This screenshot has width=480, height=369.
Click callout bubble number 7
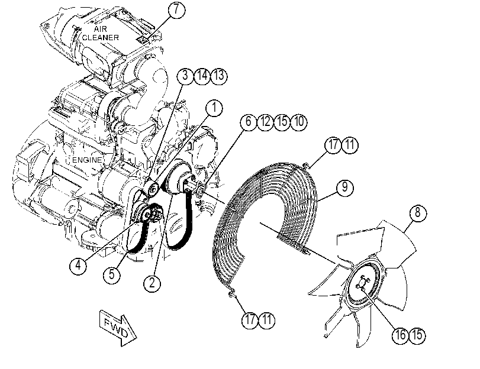[x=176, y=10]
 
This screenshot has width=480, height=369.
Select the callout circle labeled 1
[x=214, y=108]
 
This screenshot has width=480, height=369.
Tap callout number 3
[x=185, y=75]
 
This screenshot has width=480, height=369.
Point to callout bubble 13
[x=219, y=75]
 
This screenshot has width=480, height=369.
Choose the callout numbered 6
[x=248, y=122]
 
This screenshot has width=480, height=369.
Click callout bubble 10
[x=299, y=122]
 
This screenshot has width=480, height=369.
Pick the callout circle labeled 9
[x=344, y=187]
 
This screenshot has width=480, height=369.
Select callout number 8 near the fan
[x=417, y=213]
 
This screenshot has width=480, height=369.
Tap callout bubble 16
[x=401, y=335]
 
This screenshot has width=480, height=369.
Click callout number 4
[x=78, y=266]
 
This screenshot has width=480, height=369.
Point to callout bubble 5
[x=112, y=274]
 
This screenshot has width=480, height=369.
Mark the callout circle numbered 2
[x=152, y=283]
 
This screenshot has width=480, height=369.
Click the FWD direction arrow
[x=118, y=328]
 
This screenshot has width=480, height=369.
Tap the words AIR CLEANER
[x=101, y=33]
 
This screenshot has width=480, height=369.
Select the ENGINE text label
[x=87, y=160]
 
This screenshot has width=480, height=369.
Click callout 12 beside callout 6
[x=265, y=122]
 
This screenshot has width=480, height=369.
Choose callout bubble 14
[x=202, y=75]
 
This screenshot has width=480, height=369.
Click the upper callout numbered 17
[x=333, y=145]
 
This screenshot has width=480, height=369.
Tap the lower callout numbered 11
[x=267, y=320]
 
